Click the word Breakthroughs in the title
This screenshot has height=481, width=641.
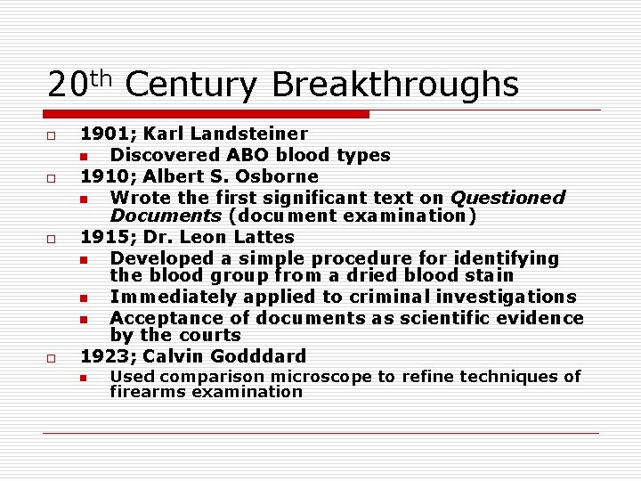click(394, 86)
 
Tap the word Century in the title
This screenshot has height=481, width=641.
click(191, 86)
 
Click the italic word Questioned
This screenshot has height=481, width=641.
click(507, 198)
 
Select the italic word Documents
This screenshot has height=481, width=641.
click(166, 216)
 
